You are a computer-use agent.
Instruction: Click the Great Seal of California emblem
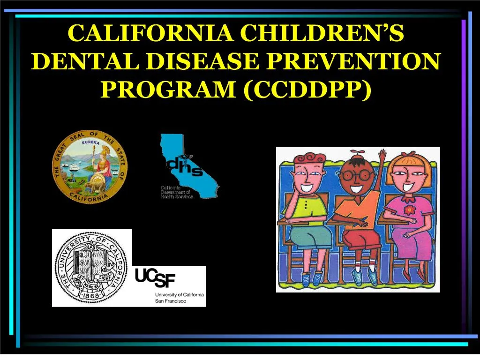(90, 167)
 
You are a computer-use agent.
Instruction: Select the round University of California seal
(92, 268)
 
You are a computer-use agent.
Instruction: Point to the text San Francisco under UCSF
(171, 301)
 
